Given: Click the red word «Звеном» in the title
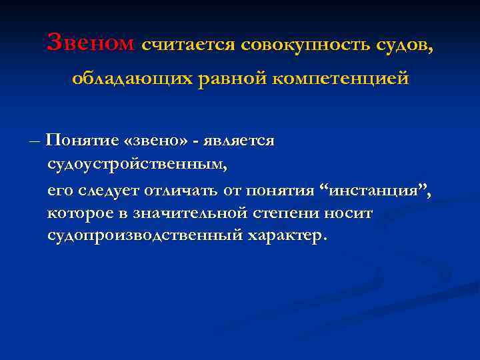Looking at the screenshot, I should [91, 43].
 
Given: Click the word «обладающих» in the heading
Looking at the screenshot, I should [134, 79].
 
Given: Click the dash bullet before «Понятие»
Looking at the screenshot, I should [35, 141].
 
